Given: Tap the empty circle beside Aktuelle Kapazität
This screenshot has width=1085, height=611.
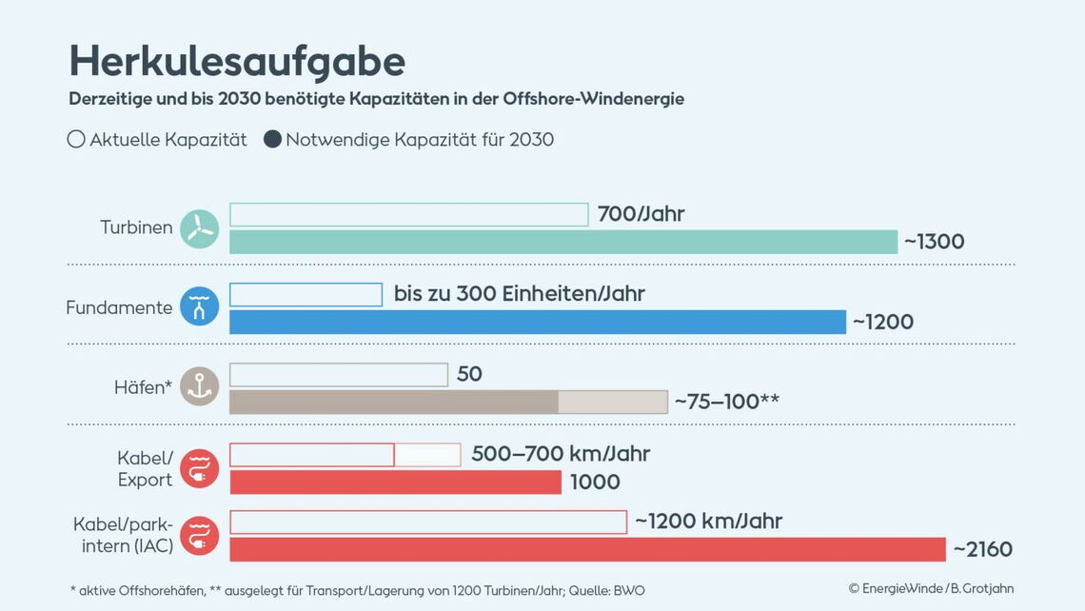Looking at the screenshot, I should coord(76,140).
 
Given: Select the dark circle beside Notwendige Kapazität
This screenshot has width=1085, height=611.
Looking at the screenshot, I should coord(272,140).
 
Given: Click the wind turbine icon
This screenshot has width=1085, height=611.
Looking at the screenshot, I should coord(200,228).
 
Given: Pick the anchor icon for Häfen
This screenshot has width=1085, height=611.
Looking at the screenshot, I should coord(200,386).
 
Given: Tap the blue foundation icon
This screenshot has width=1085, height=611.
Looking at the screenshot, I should coord(200,306).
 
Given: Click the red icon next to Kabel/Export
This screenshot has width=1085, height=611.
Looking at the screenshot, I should coord(200,468).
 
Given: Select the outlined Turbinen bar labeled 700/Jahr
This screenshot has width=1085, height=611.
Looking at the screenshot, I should coord(408,215).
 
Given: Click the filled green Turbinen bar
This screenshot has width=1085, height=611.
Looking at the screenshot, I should coord(562,242).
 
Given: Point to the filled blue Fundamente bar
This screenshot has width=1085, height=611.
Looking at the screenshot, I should coord(537,322).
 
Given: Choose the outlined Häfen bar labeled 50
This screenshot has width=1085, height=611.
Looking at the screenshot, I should coord(338,375).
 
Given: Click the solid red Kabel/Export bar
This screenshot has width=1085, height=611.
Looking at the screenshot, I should coord(395,483).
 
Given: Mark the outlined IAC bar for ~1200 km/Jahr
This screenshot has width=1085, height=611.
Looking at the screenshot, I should coord(427,522).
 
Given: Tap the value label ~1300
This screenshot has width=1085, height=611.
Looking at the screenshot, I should coord(934,242).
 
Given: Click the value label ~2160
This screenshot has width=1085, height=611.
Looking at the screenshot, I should coord(982,549).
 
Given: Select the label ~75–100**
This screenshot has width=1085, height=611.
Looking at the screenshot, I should coord(726,402).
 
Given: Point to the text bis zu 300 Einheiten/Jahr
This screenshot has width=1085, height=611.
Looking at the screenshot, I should coord(519,294).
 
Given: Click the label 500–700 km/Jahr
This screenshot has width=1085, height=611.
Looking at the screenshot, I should coord(561,454).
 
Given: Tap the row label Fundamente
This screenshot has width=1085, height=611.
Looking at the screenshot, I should coord(119,307).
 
